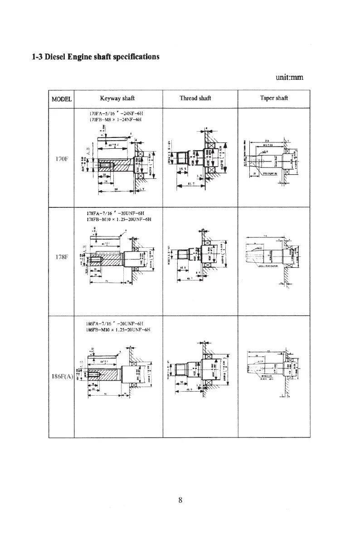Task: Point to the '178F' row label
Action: coord(60,262)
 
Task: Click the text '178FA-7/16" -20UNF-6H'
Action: coord(115,213)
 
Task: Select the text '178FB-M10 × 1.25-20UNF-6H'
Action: coord(118,219)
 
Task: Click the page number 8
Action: coord(180,501)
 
